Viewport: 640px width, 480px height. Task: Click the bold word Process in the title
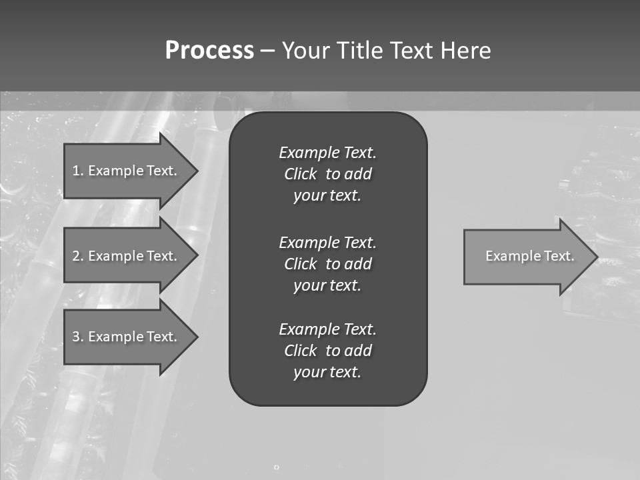coord(209,51)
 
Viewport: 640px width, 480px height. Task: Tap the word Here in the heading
coord(465,51)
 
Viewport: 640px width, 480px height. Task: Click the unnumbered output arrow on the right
coord(529,256)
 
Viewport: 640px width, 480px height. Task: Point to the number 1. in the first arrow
coord(78,171)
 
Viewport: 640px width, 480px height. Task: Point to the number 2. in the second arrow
coord(78,256)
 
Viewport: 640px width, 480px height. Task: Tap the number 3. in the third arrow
coord(78,337)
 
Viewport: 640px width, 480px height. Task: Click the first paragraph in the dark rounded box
coord(327,174)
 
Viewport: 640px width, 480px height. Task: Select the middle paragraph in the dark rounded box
coord(327,263)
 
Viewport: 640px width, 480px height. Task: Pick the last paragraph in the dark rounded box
coord(327,351)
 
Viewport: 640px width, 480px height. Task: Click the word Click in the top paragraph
coord(300,174)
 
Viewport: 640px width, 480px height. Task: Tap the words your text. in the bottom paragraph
coord(327,372)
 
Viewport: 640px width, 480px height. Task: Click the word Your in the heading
coord(307,51)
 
